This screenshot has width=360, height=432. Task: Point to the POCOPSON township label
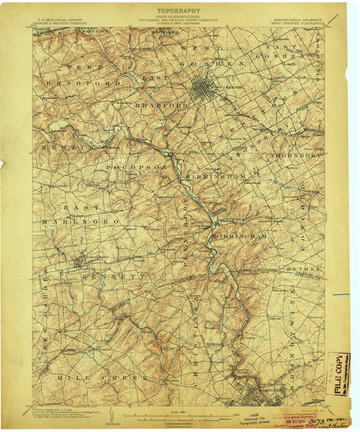coord(137,167)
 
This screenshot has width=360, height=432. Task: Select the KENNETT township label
coord(104,276)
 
